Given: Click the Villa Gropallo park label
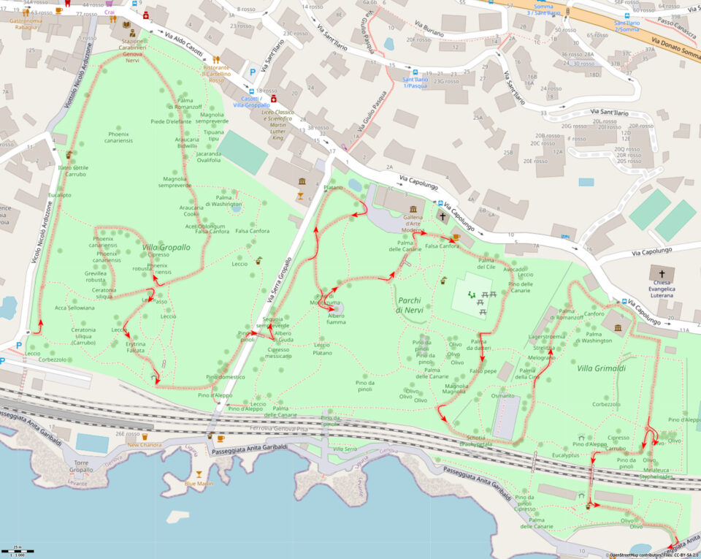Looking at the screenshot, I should tap(166, 247).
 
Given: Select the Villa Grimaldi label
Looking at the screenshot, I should tap(601, 368).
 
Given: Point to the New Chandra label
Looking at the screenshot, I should tap(145, 444).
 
